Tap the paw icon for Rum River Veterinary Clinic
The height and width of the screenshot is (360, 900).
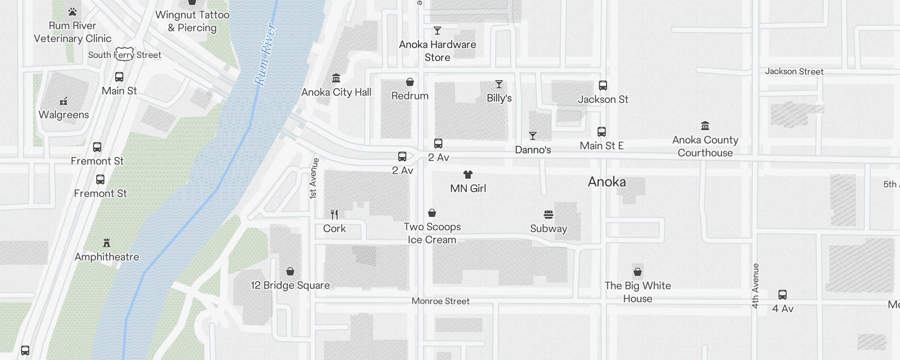(x=72, y=12)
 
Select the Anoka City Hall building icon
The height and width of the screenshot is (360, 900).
(x=336, y=78)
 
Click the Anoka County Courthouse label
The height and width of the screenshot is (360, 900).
(x=705, y=146)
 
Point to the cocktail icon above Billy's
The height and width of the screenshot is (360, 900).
(x=499, y=84)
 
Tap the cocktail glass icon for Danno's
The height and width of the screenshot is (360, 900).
(x=533, y=136)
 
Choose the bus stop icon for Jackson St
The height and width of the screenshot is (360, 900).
(x=603, y=85)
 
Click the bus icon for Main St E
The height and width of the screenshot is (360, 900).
(x=602, y=132)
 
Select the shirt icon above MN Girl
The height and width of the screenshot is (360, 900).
(x=468, y=175)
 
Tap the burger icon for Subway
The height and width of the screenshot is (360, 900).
(x=549, y=215)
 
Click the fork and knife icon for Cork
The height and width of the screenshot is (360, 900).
(x=334, y=214)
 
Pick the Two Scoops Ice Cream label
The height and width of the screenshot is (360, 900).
(x=432, y=233)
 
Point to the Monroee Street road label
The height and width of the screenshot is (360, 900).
(x=441, y=301)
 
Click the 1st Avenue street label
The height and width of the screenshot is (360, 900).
(x=314, y=179)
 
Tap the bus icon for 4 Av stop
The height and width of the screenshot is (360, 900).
(x=783, y=295)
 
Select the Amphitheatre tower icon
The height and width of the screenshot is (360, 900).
(x=107, y=243)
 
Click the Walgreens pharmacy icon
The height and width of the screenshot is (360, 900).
(x=63, y=101)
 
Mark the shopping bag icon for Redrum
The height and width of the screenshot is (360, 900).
(x=410, y=82)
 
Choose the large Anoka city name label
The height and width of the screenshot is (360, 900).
(x=607, y=182)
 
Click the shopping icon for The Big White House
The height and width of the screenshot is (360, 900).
(x=638, y=272)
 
